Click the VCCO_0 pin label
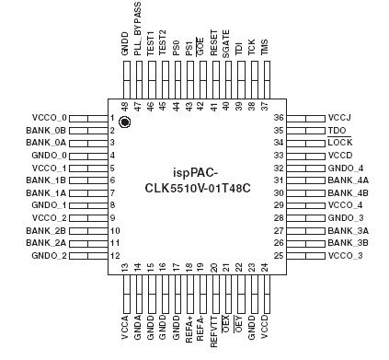click(x=24, y=119)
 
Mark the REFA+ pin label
click(x=189, y=327)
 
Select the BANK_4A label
click(x=349, y=180)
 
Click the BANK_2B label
click(x=24, y=229)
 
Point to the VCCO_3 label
click(x=347, y=254)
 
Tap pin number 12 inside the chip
click(x=115, y=255)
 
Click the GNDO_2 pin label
click(x=24, y=255)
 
